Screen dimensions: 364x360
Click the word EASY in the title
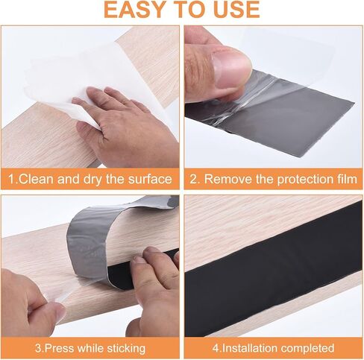(x=134, y=9)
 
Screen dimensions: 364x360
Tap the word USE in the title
(x=236, y=9)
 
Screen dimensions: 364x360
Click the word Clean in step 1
(x=37, y=179)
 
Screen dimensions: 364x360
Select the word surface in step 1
(x=150, y=179)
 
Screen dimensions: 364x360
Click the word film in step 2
(x=347, y=179)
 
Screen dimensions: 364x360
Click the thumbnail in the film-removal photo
(x=230, y=68)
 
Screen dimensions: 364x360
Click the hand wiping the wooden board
(x=125, y=127)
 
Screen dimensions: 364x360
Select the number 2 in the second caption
(x=193, y=179)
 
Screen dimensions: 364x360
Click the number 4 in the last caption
(x=216, y=348)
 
